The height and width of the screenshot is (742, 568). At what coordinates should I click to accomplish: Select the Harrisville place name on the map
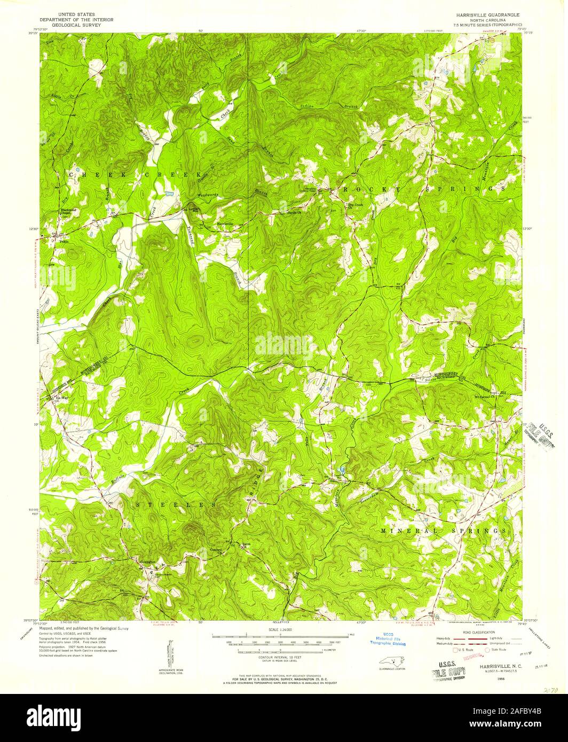(x=225, y=224)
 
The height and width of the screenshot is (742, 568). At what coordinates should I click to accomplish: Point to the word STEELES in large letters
(x=176, y=504)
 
